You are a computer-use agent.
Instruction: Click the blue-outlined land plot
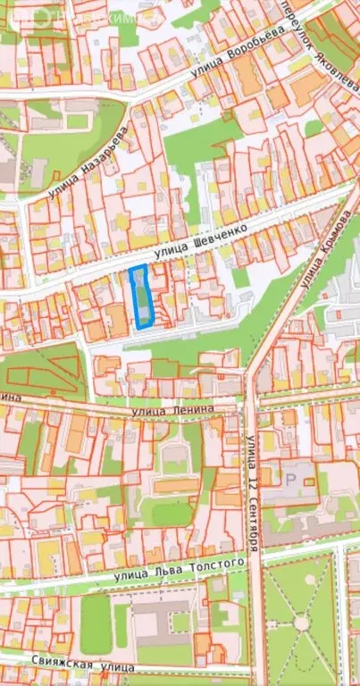(141, 297)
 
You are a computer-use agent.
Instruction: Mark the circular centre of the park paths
(301, 623)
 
